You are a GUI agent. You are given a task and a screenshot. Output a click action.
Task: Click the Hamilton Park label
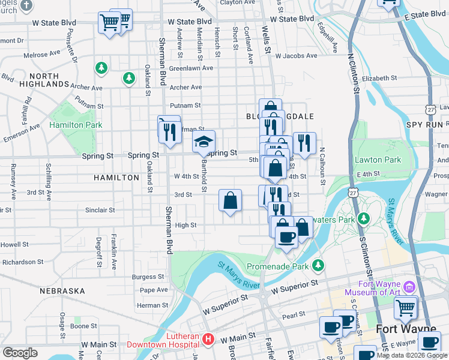pyautogui.click(x=76, y=125)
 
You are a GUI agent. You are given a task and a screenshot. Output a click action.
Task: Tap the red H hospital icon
pyautogui.click(x=208, y=340)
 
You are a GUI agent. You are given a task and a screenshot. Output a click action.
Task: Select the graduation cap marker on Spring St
pyautogui.click(x=203, y=142)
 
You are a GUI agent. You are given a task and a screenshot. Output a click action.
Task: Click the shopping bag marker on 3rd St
pyautogui.click(x=230, y=201)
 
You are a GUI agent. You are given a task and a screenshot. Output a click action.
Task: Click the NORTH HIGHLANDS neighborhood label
pyautogui.click(x=44, y=80)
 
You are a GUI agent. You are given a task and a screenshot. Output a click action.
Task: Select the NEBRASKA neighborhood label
pyautogui.click(x=62, y=291)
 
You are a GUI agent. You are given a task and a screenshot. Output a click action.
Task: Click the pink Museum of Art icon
pyautogui.click(x=410, y=286)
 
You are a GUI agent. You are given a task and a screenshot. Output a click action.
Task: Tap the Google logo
pyautogui.click(x=20, y=353)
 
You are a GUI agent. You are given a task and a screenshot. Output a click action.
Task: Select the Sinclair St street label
pyautogui.click(x=100, y=210)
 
